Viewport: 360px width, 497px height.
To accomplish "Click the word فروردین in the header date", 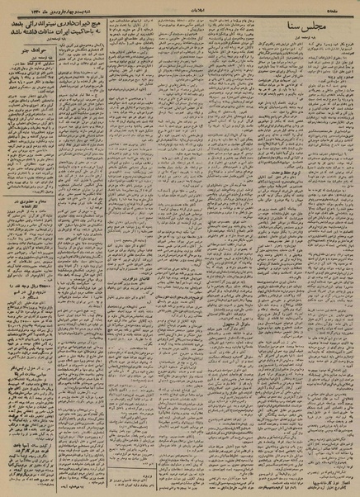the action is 45,6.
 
